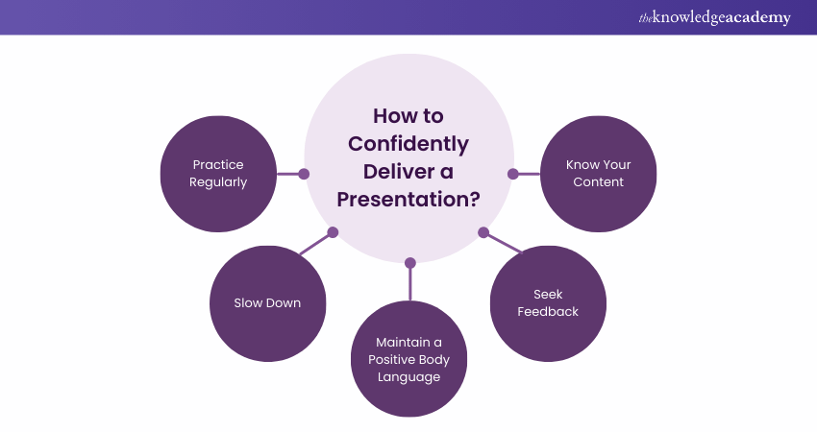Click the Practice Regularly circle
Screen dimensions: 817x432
(218, 174)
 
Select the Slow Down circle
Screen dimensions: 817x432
(268, 303)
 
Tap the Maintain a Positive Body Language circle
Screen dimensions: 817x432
(409, 359)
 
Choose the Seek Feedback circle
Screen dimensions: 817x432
(548, 303)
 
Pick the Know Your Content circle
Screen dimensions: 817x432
(599, 174)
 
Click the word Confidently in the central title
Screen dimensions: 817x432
(408, 144)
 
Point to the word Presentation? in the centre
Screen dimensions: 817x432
(408, 200)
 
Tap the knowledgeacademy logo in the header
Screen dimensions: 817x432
(715, 17)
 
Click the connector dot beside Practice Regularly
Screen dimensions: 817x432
(304, 174)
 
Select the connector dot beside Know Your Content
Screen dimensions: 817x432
(513, 174)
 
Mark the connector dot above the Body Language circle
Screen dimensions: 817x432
(410, 263)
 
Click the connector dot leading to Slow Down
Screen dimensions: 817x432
(333, 232)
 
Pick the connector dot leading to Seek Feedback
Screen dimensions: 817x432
(483, 232)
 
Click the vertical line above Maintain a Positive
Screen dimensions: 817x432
(410, 284)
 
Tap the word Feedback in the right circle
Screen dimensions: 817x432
(548, 312)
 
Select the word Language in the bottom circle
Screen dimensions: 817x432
(409, 377)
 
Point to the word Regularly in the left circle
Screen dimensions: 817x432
(218, 182)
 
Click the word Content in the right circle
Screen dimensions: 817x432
(598, 182)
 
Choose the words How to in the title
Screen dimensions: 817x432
(408, 116)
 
